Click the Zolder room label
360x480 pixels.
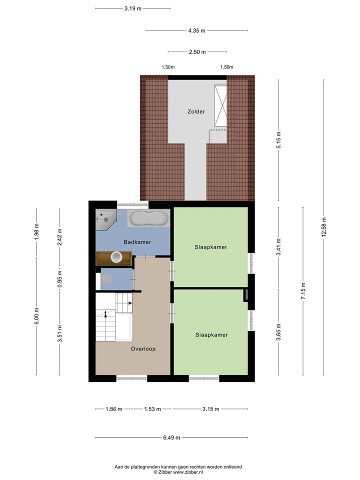(x=196, y=111)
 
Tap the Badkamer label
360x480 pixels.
(x=137, y=242)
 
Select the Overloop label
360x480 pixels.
(x=143, y=349)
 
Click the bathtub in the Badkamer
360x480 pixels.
(x=148, y=218)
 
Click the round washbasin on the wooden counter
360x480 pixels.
(x=116, y=257)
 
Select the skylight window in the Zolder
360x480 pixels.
(x=220, y=105)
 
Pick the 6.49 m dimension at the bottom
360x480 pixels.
(x=171, y=437)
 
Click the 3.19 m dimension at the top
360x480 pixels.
(x=132, y=8)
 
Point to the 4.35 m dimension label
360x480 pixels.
(x=196, y=30)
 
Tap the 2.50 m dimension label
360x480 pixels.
(x=197, y=51)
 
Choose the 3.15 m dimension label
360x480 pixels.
(x=210, y=409)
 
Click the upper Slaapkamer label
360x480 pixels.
(x=211, y=247)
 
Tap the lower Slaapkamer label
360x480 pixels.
(x=211, y=335)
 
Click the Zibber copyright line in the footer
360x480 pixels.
(x=178, y=471)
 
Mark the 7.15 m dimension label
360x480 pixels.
(x=302, y=291)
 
